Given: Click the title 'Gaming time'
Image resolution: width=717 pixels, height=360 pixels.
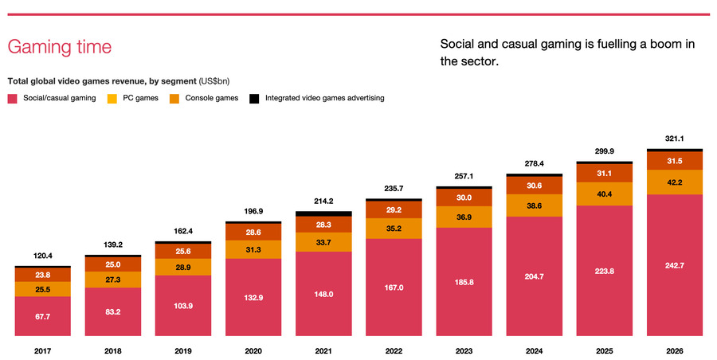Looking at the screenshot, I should pyautogui.click(x=59, y=46).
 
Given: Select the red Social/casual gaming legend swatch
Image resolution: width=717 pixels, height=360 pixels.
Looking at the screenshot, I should pyautogui.click(x=12, y=99).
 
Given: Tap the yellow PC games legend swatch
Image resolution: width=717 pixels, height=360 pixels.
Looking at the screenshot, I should pyautogui.click(x=112, y=99).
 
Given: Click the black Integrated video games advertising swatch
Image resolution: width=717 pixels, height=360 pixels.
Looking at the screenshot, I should pyautogui.click(x=255, y=99).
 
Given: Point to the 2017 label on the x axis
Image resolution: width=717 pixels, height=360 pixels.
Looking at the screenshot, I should pyautogui.click(x=43, y=351).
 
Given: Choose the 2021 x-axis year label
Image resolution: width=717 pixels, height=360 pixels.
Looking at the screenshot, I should pyautogui.click(x=323, y=351).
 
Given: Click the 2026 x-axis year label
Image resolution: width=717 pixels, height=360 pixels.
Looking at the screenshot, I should pyautogui.click(x=674, y=351).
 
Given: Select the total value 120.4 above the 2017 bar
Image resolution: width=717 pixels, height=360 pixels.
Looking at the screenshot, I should pyautogui.click(x=43, y=257).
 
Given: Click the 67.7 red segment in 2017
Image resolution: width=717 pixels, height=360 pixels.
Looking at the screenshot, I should pyautogui.click(x=43, y=315).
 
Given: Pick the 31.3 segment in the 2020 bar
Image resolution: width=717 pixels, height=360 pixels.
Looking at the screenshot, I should pyautogui.click(x=253, y=248).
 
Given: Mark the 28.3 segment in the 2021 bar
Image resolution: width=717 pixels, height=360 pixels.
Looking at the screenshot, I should pyautogui.click(x=323, y=225).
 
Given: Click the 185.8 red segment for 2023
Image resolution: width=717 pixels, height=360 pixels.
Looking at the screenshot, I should pyautogui.click(x=464, y=282).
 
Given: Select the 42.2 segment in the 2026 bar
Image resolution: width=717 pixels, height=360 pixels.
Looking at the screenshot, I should pyautogui.click(x=674, y=182).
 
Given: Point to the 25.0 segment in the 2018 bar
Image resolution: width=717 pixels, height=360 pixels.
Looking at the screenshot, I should pyautogui.click(x=113, y=264).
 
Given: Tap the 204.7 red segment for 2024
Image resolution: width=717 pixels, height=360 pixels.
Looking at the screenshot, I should pyautogui.click(x=534, y=276).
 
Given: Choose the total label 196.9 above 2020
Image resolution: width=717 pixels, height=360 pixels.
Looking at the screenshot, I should pyautogui.click(x=253, y=212).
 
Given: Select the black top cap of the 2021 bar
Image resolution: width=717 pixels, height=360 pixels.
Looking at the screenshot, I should pyautogui.click(x=323, y=213).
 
